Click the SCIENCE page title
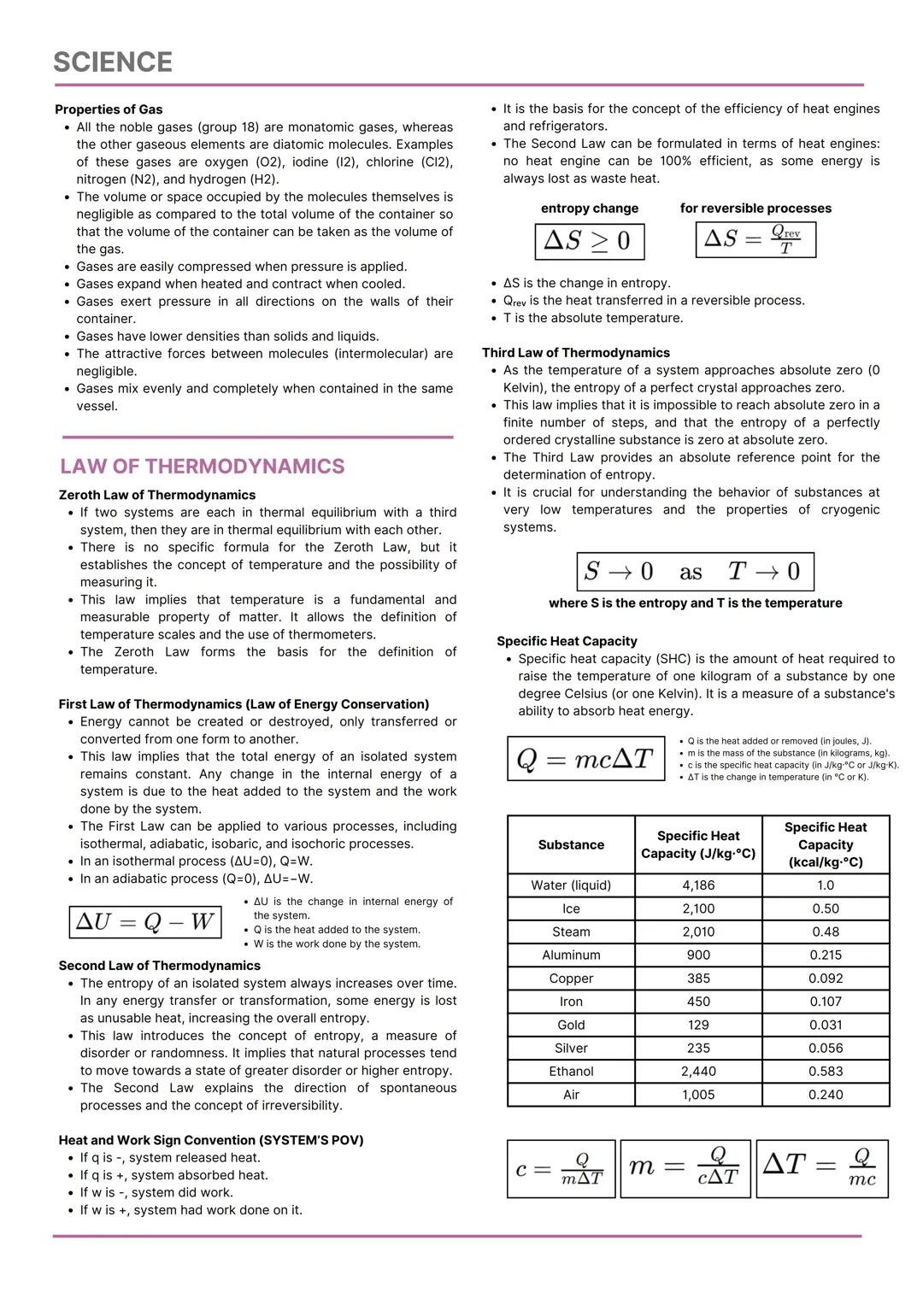[113, 62]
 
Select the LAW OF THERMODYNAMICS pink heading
[203, 467]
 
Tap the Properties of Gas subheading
[109, 109]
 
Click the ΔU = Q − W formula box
[145, 922]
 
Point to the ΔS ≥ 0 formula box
[589, 241]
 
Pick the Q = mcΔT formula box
[585, 758]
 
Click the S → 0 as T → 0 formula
[695, 572]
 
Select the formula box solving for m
[685, 1168]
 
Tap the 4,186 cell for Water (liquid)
[698, 885]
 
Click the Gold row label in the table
[571, 1025]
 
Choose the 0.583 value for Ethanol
[825, 1071]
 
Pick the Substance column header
[571, 844]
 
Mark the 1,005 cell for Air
[698, 1095]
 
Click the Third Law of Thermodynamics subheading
[575, 353]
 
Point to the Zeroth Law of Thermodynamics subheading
[157, 495]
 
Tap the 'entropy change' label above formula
[589, 209]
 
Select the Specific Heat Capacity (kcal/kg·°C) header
[825, 844]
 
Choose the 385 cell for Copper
[698, 979]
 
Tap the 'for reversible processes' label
[755, 209]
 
